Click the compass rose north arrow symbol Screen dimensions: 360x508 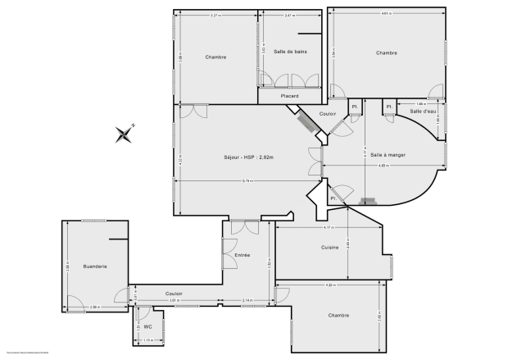[x=125, y=133]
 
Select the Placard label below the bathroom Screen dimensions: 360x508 [x=289, y=96]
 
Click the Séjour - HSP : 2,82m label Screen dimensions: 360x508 [x=248, y=157]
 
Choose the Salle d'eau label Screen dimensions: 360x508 [x=423, y=111]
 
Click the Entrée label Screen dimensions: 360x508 [x=243, y=255]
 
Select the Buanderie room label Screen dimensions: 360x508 [x=94, y=267]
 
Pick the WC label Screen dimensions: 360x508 [x=147, y=326]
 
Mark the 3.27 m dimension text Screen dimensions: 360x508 [x=215, y=16]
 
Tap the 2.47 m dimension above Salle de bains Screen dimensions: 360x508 [x=289, y=16]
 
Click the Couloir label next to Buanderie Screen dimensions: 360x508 [x=174, y=294]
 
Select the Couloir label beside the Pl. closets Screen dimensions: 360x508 [x=328, y=113]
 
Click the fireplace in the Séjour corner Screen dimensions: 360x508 [x=309, y=122]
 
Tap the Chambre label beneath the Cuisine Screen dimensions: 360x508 [x=315, y=315]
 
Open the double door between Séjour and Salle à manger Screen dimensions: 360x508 [x=316, y=161]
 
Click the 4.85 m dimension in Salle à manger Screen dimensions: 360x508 [x=383, y=166]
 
